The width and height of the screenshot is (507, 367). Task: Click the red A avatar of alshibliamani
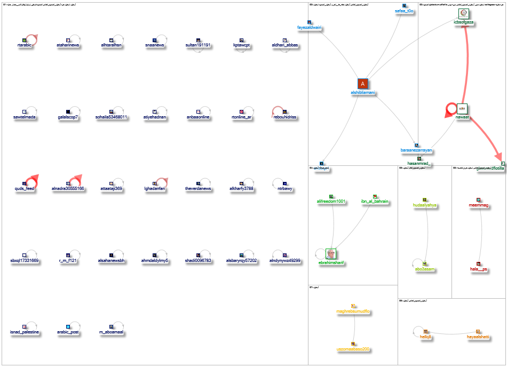[x=363, y=84]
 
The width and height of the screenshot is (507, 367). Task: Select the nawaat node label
[x=462, y=117]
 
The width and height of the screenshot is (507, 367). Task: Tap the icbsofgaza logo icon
[x=463, y=15]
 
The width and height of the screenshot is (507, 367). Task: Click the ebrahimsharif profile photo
[x=331, y=254]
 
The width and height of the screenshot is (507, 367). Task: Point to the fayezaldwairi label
[x=310, y=28]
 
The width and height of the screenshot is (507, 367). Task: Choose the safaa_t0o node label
[x=404, y=11]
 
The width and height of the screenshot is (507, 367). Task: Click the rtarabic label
[x=25, y=45]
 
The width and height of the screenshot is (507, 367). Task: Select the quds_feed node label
[x=25, y=188]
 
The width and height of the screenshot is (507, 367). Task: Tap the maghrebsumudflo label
[x=353, y=312]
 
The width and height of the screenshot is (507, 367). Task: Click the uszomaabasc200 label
[x=352, y=349]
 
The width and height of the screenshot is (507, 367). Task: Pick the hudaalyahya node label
[x=425, y=205]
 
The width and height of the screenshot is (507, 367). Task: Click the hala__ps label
[x=479, y=269]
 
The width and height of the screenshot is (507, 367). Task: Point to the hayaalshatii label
[x=478, y=337]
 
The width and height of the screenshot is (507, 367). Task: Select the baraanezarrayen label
[x=416, y=151]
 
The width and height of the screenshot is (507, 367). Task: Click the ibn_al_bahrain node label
[x=375, y=201]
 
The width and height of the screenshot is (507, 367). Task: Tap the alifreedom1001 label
[x=331, y=201]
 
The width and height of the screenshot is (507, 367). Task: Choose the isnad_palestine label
[x=25, y=332]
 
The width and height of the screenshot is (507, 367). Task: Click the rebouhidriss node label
[x=285, y=117]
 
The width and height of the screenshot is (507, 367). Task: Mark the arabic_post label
[x=68, y=332]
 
